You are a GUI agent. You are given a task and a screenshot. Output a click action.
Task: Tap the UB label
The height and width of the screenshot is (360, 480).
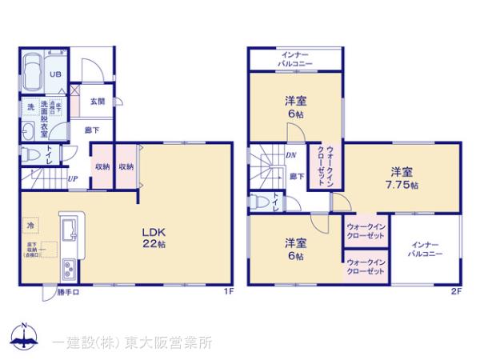click(55, 74)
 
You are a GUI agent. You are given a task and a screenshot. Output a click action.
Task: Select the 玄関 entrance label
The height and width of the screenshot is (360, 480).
click(98, 101)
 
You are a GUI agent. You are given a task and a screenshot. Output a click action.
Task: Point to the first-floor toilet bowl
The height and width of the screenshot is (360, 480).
click(30, 153)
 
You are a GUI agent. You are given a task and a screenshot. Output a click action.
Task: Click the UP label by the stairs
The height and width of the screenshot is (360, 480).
click(73, 178)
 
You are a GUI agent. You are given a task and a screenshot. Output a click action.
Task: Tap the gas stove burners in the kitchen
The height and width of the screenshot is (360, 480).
click(67, 270)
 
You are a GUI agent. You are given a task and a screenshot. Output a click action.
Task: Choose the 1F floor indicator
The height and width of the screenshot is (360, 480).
click(229, 292)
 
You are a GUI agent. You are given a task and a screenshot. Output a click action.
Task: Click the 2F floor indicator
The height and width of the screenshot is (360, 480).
click(457, 292)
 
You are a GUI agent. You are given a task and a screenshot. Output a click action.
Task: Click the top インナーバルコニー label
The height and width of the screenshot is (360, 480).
click(296, 58)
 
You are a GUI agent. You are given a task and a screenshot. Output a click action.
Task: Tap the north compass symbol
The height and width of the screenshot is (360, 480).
click(24, 337)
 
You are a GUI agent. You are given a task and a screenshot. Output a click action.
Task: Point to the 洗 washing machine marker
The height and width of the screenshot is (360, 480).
click(30, 107)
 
